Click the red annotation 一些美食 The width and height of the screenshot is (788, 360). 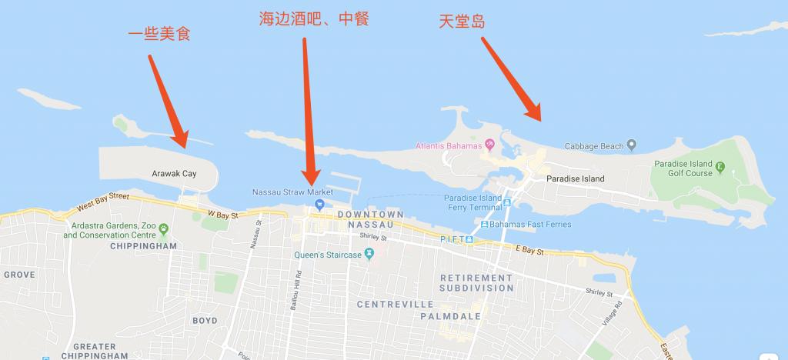tap(159, 34)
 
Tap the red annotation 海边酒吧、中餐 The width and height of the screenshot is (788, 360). tap(313, 18)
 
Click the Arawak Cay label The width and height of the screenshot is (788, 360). tap(174, 174)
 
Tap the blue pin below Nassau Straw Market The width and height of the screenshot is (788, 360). tap(318, 205)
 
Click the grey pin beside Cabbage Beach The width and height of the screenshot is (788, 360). tap(631, 145)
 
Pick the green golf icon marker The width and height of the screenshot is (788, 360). tap(720, 167)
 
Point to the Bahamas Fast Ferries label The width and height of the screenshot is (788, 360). tap(524, 224)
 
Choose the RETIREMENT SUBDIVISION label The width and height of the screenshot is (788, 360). tap(476, 282)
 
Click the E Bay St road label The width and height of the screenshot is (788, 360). tap(529, 252)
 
